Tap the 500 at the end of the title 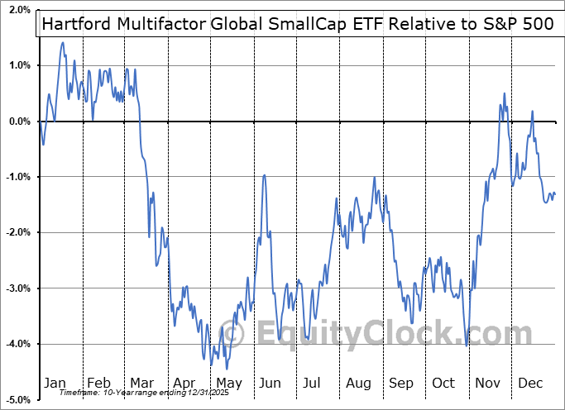point(538,24)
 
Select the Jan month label point(55,384)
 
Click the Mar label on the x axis point(142,384)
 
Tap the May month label point(229,384)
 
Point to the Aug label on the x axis point(359,384)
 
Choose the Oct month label point(444,384)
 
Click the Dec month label point(530,384)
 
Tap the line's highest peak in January point(63,42)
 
